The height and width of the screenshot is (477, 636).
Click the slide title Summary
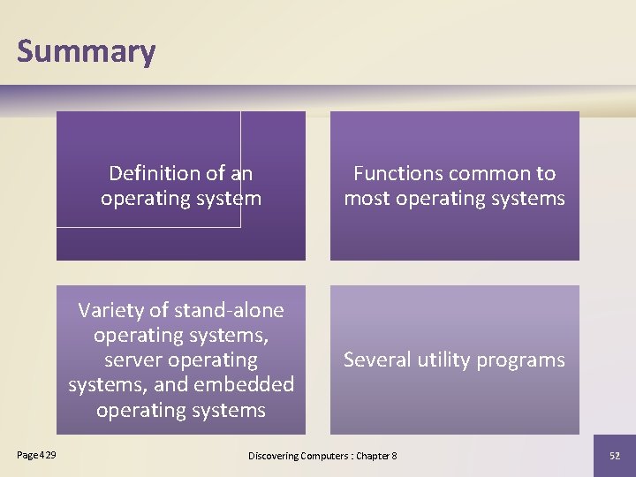click(x=86, y=51)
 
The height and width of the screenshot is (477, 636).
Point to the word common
click(x=487, y=173)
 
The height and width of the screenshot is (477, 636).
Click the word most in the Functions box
click(x=366, y=198)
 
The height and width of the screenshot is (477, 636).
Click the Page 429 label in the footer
click(x=36, y=455)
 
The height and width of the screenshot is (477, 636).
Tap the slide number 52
click(x=614, y=456)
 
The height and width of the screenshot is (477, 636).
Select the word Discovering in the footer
click(x=274, y=456)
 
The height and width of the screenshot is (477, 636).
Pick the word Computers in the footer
click(x=326, y=456)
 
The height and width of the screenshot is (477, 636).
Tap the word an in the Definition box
click(x=241, y=173)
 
